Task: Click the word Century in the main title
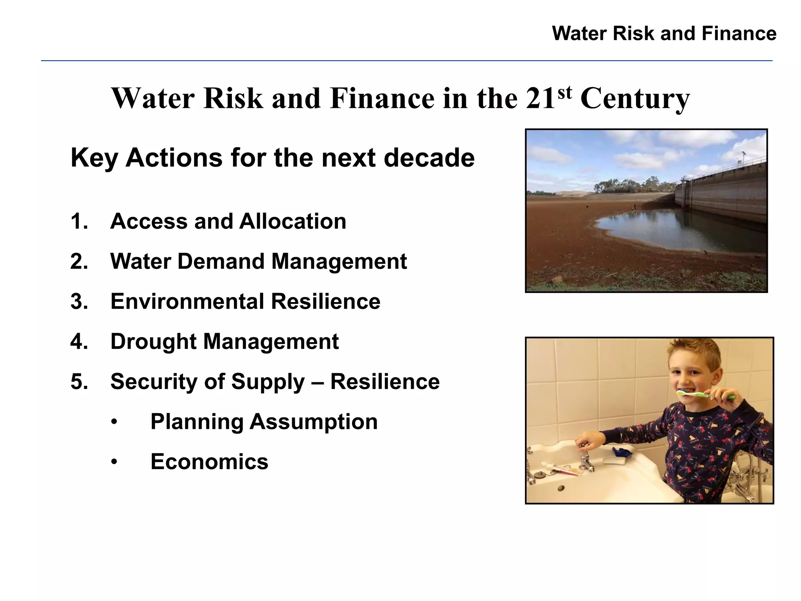(x=635, y=99)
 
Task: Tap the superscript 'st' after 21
(x=564, y=92)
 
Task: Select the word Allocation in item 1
(x=293, y=221)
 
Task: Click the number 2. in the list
(x=79, y=261)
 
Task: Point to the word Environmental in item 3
(x=187, y=302)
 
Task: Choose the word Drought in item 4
(x=153, y=342)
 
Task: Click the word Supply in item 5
(x=268, y=382)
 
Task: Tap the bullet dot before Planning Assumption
(x=114, y=422)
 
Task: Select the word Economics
(x=209, y=462)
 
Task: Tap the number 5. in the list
(x=79, y=382)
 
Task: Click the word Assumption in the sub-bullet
(x=313, y=422)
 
